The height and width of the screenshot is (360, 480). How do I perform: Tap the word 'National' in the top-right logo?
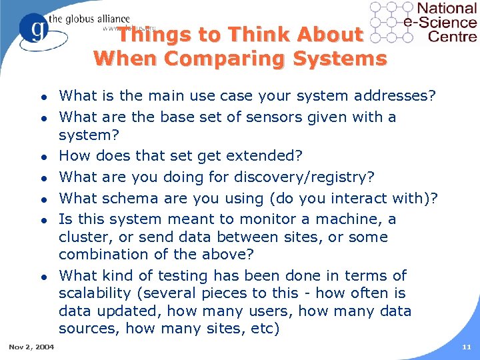tap(446, 9)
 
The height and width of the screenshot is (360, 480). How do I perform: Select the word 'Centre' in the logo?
tap(452, 36)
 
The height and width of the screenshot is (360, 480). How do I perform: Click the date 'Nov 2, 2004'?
tap(31, 347)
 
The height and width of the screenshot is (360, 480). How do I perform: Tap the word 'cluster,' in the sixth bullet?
tap(83, 237)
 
